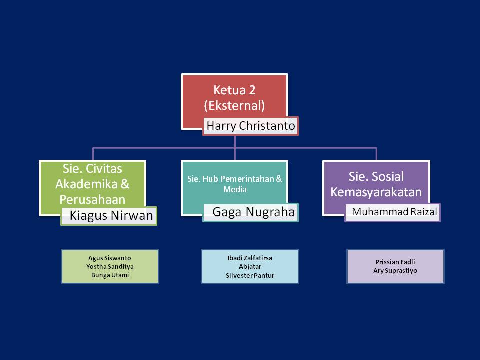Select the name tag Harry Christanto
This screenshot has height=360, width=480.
(x=251, y=126)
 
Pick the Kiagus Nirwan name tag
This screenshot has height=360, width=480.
(x=111, y=216)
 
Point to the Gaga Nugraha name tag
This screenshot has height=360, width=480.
(x=253, y=212)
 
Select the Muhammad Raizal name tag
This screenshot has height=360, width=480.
(x=394, y=212)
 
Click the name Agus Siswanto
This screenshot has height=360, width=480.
(x=110, y=258)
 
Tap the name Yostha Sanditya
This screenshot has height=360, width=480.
(x=110, y=267)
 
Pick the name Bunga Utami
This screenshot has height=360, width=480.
(x=110, y=275)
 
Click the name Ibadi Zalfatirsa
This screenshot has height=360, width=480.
(x=250, y=258)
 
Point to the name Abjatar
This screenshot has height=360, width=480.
(x=250, y=267)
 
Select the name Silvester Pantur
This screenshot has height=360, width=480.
(x=250, y=275)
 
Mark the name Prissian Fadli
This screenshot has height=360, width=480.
(x=395, y=262)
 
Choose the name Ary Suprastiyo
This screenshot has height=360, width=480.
(x=395, y=270)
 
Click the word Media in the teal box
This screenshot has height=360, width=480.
(x=235, y=190)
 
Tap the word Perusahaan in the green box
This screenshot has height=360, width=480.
(x=92, y=199)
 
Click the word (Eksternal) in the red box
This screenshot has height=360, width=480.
(x=234, y=106)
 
